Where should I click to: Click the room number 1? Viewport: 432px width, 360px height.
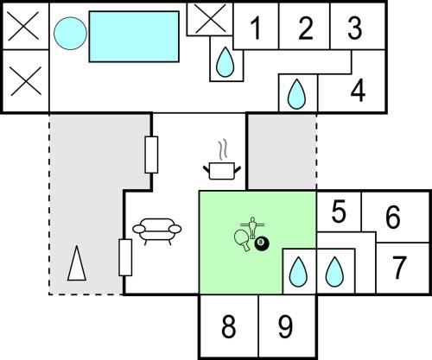pos(256,28)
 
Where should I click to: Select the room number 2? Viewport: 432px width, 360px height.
pos(306,28)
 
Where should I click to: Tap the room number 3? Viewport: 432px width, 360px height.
pos(355,28)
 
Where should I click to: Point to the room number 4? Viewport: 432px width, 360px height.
pos(358,91)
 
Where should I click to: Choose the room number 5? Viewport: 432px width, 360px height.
pos(339,212)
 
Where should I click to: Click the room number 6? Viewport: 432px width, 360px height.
pos(393,217)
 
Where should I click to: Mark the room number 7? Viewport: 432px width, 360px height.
pos(399,268)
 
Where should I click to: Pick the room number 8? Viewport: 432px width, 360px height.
pos(228,326)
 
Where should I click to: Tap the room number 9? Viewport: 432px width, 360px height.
pos(285,326)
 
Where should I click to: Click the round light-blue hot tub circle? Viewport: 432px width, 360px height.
pos(70,33)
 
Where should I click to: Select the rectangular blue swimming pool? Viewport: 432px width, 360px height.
pos(134,36)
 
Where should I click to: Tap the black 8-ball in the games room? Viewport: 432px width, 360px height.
pos(262,243)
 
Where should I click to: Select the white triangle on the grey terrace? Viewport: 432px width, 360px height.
pos(77,262)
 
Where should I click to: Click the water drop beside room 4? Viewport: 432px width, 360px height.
pos(296,94)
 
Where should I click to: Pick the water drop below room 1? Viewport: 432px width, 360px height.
pos(226,62)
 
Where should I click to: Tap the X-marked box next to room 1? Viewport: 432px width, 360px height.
pos(210,19)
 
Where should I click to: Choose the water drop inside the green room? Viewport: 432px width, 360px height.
pos(298,272)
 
